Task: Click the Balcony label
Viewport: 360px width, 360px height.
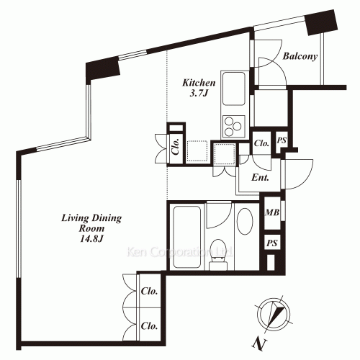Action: tap(300, 57)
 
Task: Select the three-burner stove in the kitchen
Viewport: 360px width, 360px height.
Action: tap(233, 126)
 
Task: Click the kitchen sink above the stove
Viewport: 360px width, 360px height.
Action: tap(233, 90)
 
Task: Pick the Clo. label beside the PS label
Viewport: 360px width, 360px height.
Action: tap(262, 143)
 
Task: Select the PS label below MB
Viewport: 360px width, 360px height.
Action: tap(272, 243)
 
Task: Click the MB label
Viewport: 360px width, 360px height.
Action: tap(272, 212)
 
